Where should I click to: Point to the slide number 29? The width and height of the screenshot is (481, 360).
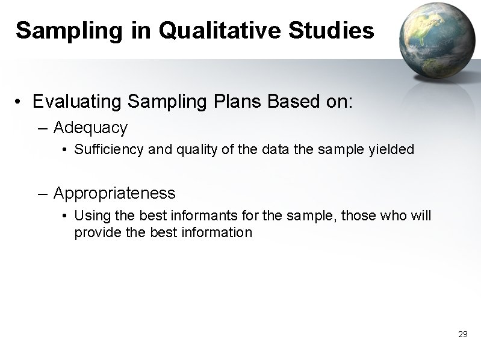tap(462, 334)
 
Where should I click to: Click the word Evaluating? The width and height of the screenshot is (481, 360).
tap(78, 102)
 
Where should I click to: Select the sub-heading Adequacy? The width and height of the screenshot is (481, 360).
tap(90, 128)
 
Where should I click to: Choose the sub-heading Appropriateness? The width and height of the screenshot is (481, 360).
tap(114, 193)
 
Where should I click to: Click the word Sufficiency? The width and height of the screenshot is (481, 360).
tap(109, 149)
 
